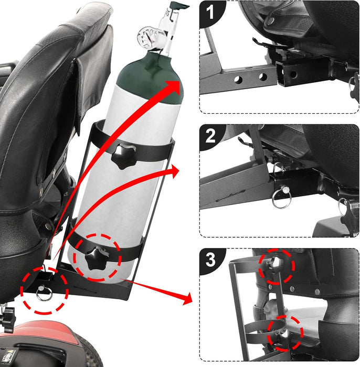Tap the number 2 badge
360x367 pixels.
click(210, 136)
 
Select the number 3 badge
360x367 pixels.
click(210, 259)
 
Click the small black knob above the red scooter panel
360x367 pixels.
click(7, 315)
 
